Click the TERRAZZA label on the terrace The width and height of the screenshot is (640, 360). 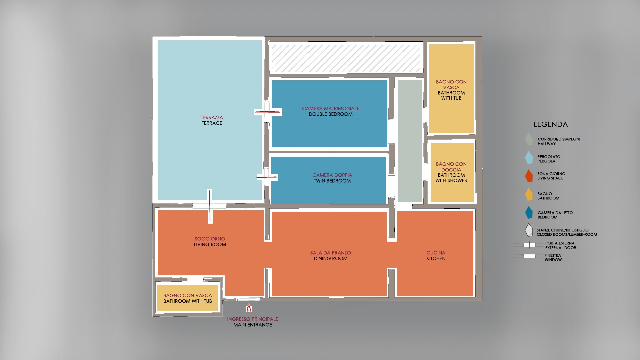pos(212,117)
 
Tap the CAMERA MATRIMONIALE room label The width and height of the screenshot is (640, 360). pos(331,108)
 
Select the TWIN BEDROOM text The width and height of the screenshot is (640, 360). pos(332,181)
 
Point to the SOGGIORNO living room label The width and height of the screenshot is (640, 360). pos(210,239)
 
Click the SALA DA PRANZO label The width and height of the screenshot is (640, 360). pos(331,253)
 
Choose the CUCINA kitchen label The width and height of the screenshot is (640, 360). pos(436,253)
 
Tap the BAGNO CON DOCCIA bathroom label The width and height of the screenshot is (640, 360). pos(451,167)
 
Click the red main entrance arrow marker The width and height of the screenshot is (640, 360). pos(248,308)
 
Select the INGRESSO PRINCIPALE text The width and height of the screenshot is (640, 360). pos(253,319)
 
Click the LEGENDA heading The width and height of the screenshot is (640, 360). pos(551,124)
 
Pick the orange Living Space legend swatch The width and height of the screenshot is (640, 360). pos(529,176)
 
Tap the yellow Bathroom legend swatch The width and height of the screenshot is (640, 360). pos(529,195)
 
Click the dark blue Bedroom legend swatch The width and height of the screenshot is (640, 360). pos(529,213)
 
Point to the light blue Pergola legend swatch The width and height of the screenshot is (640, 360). pos(529,158)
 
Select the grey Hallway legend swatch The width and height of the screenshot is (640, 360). pos(529,139)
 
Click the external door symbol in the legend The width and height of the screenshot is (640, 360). pos(529,245)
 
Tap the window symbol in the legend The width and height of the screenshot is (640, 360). pos(529,256)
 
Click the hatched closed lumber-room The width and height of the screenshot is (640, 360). pos(346,57)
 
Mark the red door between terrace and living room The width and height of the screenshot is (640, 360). pos(210,206)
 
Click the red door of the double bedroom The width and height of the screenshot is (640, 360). pos(267,112)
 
